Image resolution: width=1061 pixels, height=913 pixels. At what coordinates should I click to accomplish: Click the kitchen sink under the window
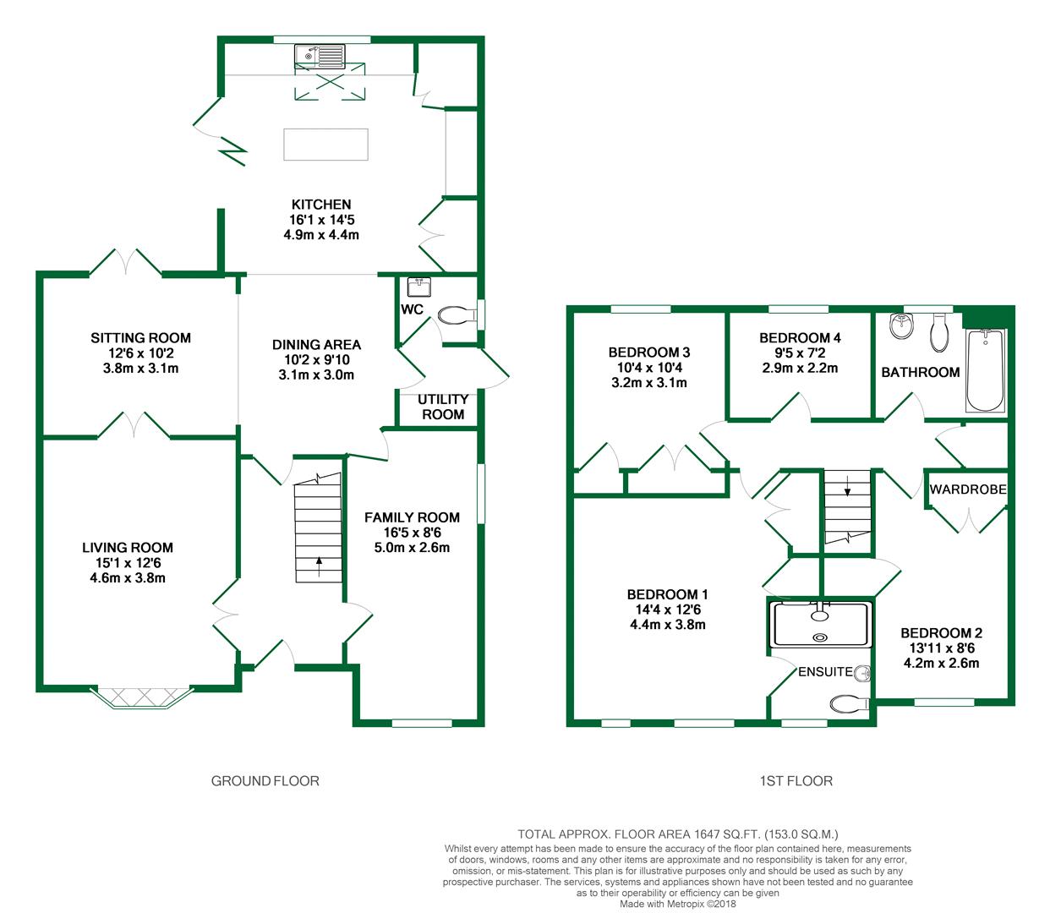point(320,56)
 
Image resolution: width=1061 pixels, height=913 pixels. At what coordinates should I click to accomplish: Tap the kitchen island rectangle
point(326,145)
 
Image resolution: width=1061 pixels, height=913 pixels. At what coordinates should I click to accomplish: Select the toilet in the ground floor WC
point(458,315)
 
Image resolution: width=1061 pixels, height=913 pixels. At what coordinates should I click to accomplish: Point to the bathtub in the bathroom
point(985,370)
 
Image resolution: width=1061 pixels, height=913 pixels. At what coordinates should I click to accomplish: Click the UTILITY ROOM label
point(443,407)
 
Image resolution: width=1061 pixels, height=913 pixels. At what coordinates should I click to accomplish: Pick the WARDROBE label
point(968,489)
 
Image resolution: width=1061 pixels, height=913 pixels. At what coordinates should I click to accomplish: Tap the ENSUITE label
point(825,672)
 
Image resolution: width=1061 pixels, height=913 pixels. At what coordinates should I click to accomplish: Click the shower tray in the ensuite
point(820,625)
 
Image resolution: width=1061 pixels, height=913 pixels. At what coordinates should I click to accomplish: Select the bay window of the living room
point(142,697)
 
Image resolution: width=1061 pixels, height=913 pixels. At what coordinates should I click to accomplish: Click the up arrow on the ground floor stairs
point(320,566)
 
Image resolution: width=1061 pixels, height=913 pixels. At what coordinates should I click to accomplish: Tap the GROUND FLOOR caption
point(265,781)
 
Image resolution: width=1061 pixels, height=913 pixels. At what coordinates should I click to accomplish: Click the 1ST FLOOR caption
point(796,781)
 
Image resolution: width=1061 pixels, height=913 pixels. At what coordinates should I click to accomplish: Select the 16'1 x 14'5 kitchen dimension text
point(322,220)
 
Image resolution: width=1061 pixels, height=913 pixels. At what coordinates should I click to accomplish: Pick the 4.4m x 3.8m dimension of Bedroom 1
point(668,625)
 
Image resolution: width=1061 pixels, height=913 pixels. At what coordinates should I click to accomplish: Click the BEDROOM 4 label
point(801,337)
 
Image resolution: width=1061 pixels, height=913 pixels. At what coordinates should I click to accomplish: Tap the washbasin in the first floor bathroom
point(902,325)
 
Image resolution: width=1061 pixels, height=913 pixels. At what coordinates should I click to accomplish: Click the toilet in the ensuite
point(850,705)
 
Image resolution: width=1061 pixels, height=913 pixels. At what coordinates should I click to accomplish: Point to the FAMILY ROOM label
point(413,517)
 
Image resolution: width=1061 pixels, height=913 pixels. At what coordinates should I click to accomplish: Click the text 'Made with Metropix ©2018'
point(677,904)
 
